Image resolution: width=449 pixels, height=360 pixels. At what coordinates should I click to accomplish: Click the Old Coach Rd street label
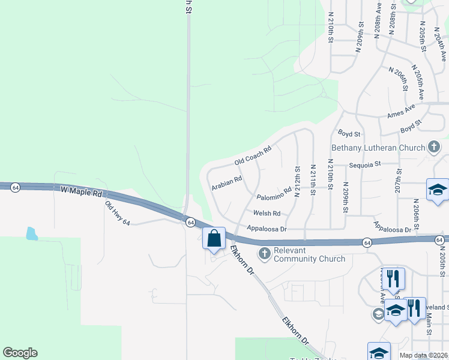[x=253, y=155]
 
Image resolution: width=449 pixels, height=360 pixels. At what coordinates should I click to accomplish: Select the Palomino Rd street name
[x=274, y=193]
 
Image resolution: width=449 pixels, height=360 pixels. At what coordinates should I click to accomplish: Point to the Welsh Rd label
[x=267, y=213]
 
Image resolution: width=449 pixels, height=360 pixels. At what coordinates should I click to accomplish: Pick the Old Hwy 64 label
[x=118, y=214]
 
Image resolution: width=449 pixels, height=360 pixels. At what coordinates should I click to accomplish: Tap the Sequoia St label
[x=366, y=163]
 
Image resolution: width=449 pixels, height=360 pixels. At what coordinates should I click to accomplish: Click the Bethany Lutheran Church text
[x=378, y=148]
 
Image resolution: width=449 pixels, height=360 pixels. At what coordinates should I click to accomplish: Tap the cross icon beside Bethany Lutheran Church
[x=433, y=147]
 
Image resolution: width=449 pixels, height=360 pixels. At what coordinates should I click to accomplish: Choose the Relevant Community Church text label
[x=309, y=254]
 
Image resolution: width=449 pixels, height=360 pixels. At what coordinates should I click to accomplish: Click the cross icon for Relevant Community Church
[x=264, y=254]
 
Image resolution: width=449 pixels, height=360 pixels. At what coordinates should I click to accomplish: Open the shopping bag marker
[x=214, y=239]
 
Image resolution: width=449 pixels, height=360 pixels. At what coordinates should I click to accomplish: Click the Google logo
[x=20, y=353]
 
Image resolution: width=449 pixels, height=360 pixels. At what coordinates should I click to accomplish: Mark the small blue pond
[x=32, y=233]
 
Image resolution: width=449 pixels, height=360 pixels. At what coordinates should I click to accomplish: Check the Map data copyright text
[x=424, y=355]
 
